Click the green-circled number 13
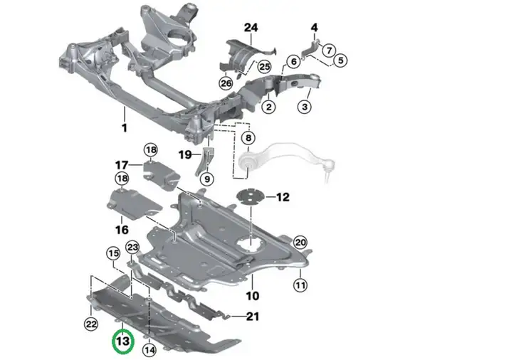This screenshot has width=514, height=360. (123, 342)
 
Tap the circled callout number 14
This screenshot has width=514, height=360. (150, 350)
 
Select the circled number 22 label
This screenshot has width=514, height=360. (91, 324)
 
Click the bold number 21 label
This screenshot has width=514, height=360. (253, 317)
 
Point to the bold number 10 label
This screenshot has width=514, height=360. (253, 296)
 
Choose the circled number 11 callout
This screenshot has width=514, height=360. (300, 285)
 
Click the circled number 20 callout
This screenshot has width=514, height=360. (300, 243)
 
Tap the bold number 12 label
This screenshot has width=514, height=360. (283, 197)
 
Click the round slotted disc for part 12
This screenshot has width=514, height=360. (251, 196)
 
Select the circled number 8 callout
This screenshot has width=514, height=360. (248, 138)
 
